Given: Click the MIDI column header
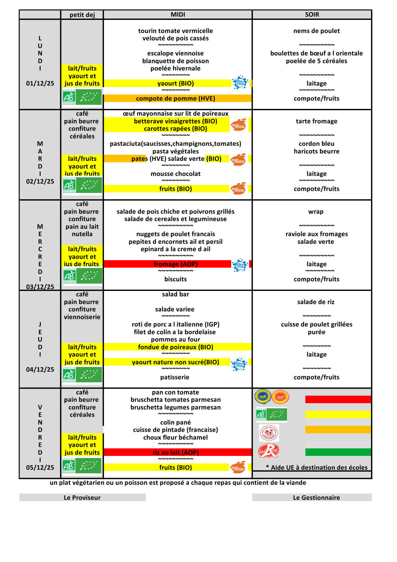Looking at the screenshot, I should (178, 14).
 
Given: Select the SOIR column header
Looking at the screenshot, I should (312, 14).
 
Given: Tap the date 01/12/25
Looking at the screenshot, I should (40, 83).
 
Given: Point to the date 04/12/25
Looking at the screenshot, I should (40, 369).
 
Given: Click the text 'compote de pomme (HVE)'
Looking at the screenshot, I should (175, 98).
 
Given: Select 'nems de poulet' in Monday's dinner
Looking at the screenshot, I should (316, 31).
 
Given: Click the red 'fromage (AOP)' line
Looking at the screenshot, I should (175, 264).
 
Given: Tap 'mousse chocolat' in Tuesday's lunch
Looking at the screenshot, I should (175, 174).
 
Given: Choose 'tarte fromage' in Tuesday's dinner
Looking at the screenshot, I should (316, 121).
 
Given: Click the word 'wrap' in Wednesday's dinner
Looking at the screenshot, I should (316, 211).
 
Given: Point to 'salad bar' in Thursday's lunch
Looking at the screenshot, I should (175, 294).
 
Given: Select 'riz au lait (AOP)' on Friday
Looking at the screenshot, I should (175, 452).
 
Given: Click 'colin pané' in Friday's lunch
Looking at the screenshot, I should (175, 422).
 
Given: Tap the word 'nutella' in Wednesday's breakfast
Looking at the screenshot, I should (82, 234).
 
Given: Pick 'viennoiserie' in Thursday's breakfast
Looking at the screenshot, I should (82, 317).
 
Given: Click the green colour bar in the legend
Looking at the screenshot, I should (338, 452).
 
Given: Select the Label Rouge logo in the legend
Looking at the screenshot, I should (269, 450).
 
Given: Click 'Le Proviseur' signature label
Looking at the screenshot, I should (82, 498).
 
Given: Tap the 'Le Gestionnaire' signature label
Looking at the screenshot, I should (316, 498).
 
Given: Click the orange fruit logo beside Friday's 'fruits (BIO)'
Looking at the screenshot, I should (238, 467).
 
